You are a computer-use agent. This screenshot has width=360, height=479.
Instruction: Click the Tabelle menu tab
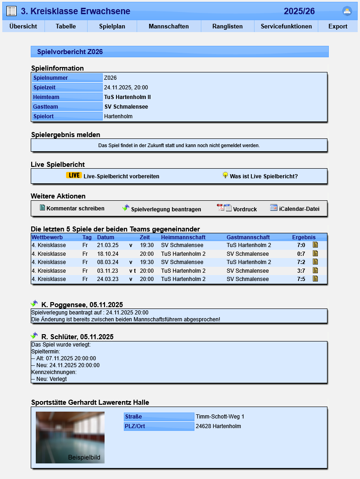(66, 26)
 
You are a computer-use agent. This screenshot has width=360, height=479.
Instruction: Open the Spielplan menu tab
(112, 26)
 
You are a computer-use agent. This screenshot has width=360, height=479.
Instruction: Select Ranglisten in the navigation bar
(227, 26)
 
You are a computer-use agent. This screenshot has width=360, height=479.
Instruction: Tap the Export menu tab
(338, 26)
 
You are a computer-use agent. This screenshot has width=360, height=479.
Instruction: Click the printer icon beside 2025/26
(347, 11)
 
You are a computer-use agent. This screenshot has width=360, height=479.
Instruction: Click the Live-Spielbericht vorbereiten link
(121, 176)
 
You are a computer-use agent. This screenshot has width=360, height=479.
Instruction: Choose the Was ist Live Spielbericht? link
(264, 176)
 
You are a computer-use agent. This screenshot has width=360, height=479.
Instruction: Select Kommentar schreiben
(75, 209)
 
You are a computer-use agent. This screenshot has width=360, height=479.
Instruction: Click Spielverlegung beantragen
(166, 209)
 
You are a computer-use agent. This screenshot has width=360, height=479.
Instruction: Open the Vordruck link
(244, 209)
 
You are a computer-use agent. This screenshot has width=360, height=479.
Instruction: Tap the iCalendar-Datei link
(299, 209)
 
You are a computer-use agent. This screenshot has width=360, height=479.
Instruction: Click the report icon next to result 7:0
(315, 245)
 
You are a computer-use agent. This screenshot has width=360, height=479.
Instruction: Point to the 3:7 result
(301, 271)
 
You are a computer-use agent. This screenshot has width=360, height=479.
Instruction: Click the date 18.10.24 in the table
(108, 254)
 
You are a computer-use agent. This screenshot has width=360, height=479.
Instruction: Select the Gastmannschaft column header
(248, 237)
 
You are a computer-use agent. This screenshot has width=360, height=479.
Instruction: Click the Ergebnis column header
(304, 237)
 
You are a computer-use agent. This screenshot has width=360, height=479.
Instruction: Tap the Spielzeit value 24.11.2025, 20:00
(126, 88)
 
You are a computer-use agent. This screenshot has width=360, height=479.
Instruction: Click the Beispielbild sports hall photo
(70, 437)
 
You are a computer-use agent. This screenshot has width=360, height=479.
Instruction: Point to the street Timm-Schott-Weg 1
(220, 417)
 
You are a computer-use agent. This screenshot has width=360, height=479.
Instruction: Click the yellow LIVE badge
(74, 176)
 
